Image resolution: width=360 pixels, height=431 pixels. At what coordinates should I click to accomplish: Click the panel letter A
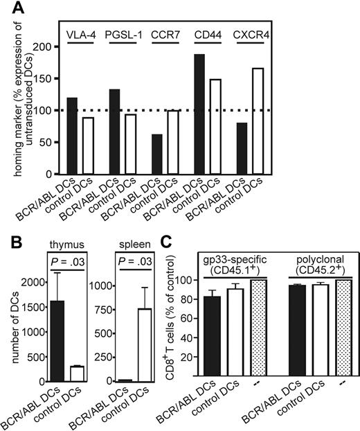tap(10, 9)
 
